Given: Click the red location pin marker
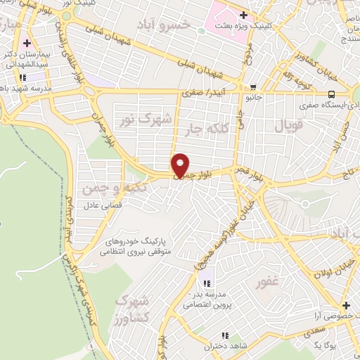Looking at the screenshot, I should [181, 165].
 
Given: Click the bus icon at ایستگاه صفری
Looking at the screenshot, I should [331, 94].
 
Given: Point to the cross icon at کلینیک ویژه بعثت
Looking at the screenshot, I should [243, 15].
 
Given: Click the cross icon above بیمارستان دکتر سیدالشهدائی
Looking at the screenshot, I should [27, 44].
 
